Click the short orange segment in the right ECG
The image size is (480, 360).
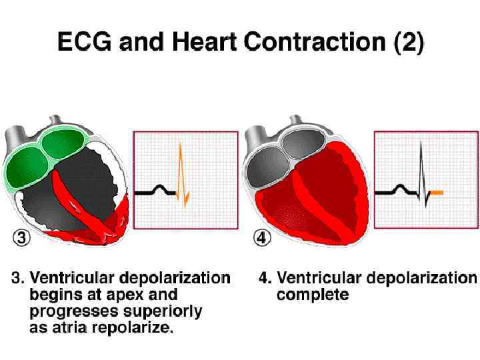point(436,193)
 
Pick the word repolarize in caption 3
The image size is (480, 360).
point(133,328)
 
